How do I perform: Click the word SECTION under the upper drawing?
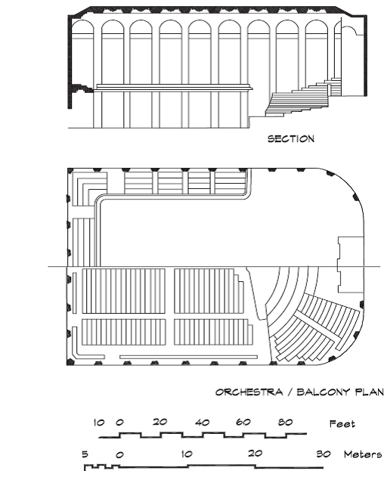(290, 139)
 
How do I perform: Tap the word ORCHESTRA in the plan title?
(249, 392)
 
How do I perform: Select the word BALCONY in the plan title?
(323, 392)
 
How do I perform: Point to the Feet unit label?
(342, 424)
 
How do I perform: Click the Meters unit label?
(362, 454)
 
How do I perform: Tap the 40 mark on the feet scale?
(203, 423)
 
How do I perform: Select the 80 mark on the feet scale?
(285, 422)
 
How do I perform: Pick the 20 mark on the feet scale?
(160, 422)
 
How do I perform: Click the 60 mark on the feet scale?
(243, 422)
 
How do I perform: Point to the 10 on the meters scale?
(187, 454)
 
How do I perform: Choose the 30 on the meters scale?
(324, 454)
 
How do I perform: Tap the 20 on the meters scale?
(255, 454)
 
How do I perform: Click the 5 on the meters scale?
(85, 454)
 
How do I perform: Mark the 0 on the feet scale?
(119, 423)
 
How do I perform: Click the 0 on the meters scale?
(119, 455)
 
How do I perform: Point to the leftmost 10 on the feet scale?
(99, 423)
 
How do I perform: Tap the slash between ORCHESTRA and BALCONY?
(290, 392)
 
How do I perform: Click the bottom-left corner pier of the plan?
(70, 361)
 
